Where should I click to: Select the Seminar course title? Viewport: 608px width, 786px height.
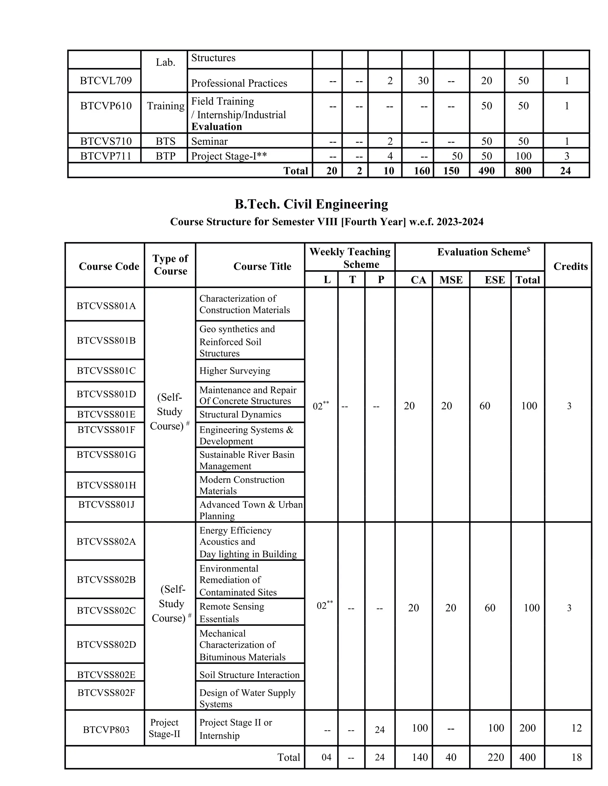coord(209,141)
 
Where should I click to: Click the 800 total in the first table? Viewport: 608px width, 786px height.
coord(523,171)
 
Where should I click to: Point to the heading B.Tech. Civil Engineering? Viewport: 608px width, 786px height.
coord(311,204)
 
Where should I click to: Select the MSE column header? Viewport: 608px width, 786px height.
coord(451,280)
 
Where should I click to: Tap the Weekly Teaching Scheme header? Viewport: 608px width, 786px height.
coord(350,258)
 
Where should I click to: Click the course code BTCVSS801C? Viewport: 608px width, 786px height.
coord(106,371)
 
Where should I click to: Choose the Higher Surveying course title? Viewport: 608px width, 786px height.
coord(235,371)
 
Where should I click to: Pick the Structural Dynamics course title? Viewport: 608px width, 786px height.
coord(240,414)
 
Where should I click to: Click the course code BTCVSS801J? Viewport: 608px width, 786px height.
coord(106,505)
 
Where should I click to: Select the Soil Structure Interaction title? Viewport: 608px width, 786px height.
coord(249,675)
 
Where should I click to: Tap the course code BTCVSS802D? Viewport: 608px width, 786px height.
coord(106,644)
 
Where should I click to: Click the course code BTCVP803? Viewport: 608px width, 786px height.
coord(106,730)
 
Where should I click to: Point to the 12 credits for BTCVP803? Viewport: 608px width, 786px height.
coord(576,728)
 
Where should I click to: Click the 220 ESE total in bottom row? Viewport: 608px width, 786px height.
coord(495,757)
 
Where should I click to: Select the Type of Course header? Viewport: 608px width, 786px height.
coord(170,265)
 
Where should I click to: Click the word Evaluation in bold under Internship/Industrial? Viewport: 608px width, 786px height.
coord(216,127)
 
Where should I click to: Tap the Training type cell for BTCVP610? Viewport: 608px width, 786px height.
coord(165,106)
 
